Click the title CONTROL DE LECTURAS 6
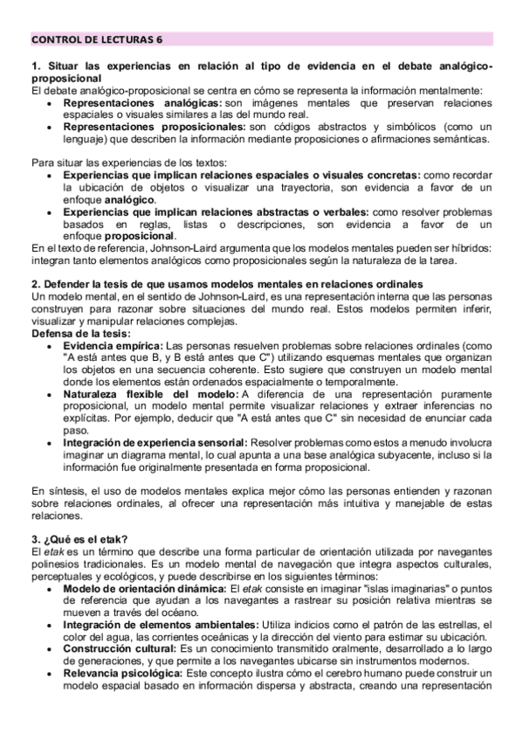point(96,39)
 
